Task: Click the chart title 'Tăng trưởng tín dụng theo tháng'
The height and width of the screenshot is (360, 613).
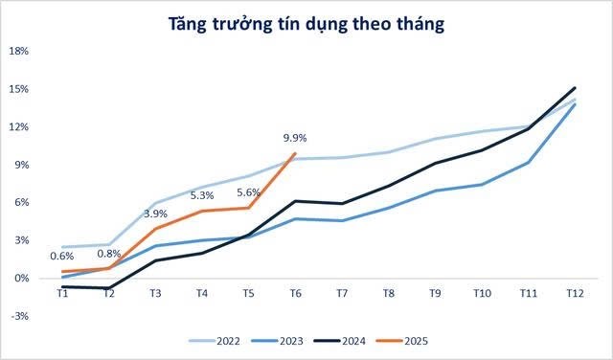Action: pos(307,25)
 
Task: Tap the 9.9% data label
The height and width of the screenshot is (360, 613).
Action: pos(295,137)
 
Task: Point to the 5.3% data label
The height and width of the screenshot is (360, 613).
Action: pos(203,194)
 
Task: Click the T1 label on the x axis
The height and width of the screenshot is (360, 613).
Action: pos(62,293)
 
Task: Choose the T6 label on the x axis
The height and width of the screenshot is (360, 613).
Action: pos(295,293)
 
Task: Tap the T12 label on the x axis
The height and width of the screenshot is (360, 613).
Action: pos(574,293)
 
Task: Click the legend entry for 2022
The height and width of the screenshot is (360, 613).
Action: pos(222,340)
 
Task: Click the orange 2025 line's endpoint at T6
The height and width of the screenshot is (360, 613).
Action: pos(295,153)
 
